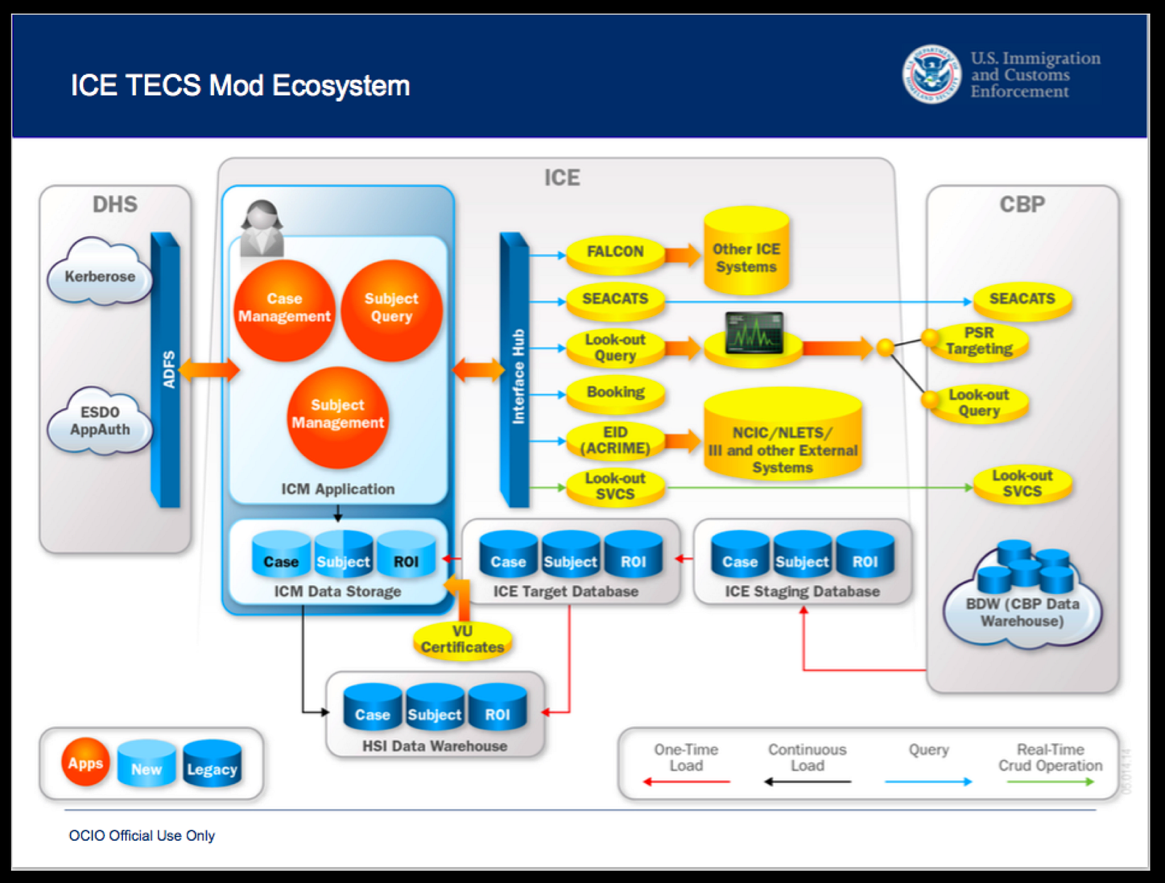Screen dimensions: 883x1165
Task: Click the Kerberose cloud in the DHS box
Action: pyautogui.click(x=100, y=276)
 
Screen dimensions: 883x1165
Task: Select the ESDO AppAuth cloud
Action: pyautogui.click(x=100, y=421)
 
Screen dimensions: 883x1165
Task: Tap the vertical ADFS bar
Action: pyautogui.click(x=167, y=369)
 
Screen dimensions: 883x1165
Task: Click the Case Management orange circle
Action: pyautogui.click(x=284, y=309)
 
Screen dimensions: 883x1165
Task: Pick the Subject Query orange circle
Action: pyautogui.click(x=392, y=309)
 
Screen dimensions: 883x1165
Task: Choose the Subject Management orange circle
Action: pyautogui.click(x=337, y=415)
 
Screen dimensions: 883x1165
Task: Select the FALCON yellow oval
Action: pyautogui.click(x=615, y=252)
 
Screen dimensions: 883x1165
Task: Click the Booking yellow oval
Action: pyautogui.click(x=615, y=393)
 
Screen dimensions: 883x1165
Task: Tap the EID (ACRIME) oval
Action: pyautogui.click(x=615, y=441)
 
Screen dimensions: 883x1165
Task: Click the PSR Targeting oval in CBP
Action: pyautogui.click(x=979, y=341)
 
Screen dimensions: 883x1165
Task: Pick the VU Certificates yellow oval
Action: pyautogui.click(x=462, y=640)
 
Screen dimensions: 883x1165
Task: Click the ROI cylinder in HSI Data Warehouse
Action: pyautogui.click(x=497, y=708)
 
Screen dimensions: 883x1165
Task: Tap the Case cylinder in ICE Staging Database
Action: pyautogui.click(x=740, y=555)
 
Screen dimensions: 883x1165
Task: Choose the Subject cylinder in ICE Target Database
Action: pyautogui.click(x=570, y=555)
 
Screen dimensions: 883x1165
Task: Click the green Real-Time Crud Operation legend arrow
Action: pyautogui.click(x=1051, y=782)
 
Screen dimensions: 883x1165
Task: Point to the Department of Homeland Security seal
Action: pyautogui.click(x=931, y=74)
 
